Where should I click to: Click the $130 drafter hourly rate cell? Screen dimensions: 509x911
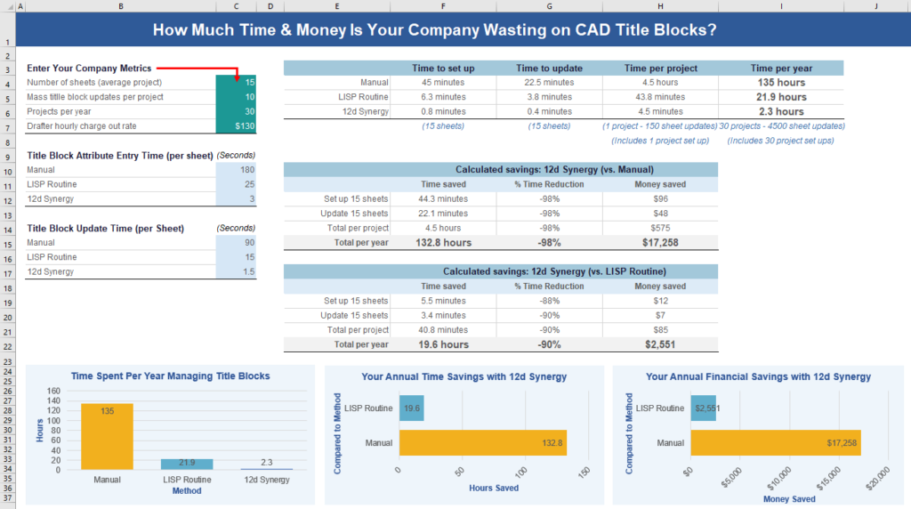[x=236, y=126]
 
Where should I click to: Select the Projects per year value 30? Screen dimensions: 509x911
[x=236, y=111]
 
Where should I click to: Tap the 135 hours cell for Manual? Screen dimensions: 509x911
[x=781, y=83]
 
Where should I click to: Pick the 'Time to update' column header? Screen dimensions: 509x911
[x=549, y=69]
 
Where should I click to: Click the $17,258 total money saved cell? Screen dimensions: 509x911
[x=660, y=242]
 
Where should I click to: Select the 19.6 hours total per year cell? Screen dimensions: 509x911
[x=443, y=344]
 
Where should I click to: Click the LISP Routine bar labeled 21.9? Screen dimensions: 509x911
[x=187, y=464]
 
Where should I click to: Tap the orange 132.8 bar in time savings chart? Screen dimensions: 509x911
[x=481, y=442]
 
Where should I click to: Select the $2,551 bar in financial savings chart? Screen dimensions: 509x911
[x=703, y=408]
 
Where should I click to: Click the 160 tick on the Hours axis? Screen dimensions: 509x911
[x=52, y=391]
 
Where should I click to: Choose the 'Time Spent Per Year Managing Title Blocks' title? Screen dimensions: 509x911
[x=170, y=376]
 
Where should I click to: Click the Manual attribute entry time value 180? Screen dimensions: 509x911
[x=236, y=169]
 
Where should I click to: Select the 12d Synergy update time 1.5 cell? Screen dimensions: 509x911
[x=236, y=271]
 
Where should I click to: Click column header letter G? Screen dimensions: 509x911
[x=549, y=7]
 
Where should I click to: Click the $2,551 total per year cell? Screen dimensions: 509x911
[x=660, y=344]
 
